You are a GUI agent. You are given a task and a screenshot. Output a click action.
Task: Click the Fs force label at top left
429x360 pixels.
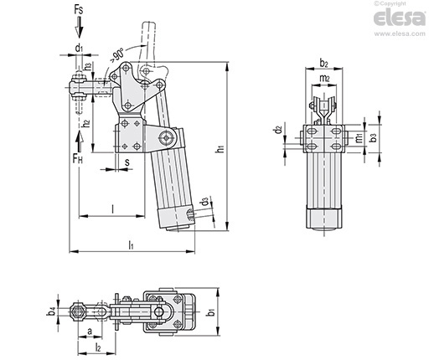(79, 10)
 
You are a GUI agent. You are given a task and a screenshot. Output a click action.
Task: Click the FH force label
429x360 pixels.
(78, 159)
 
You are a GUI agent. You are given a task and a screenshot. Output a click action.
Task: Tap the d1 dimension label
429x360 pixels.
(79, 48)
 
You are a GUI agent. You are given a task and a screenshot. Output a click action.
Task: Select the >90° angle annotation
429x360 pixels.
(116, 54)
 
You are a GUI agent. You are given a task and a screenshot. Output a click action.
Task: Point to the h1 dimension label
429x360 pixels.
(221, 149)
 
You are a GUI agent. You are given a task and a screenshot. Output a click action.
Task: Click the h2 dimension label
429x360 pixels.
(87, 123)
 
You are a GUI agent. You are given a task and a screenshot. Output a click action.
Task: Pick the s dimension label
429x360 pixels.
(127, 162)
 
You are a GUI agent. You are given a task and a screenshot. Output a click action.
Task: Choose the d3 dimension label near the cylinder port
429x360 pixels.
(205, 202)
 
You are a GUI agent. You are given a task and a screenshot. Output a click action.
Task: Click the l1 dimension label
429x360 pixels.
(131, 245)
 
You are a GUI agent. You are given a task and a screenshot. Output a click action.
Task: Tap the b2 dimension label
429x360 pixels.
(323, 64)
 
